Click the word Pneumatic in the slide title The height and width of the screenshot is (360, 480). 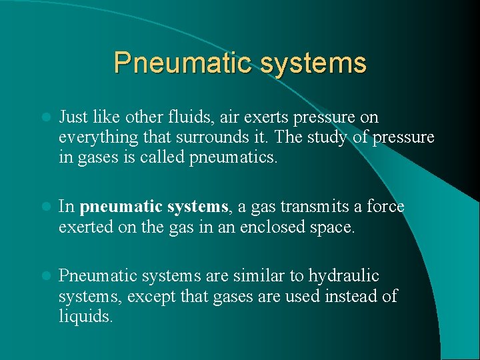(173, 63)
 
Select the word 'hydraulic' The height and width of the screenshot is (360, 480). (344, 276)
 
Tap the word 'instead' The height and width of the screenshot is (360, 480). (351, 295)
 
